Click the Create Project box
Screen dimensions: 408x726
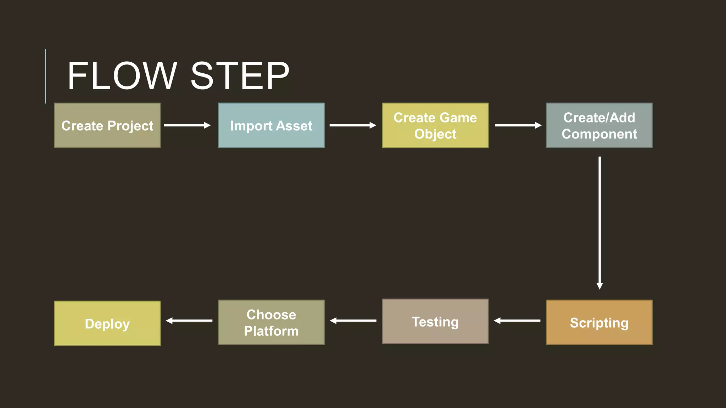[107, 125]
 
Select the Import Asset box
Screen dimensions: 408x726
[271, 125]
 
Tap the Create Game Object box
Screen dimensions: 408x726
[435, 125]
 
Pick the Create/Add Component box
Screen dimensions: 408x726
[599, 125]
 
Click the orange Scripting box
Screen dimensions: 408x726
[599, 322]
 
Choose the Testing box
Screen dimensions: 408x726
[435, 321]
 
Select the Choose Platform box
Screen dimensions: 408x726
[271, 322]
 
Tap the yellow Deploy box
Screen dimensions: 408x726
[107, 323]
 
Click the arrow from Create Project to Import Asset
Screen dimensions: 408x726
[187, 125]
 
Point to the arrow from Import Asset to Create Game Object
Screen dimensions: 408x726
[353, 125]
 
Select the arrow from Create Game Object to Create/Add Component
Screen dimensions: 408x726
[518, 125]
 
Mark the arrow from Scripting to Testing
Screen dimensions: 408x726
[517, 321]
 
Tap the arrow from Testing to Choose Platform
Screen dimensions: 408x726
[353, 321]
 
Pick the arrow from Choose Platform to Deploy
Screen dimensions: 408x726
[189, 321]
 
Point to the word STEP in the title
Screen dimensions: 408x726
[240, 76]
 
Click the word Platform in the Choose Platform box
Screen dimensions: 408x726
[271, 331]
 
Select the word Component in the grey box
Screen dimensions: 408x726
[599, 134]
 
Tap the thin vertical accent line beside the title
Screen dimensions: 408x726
[45, 76]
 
